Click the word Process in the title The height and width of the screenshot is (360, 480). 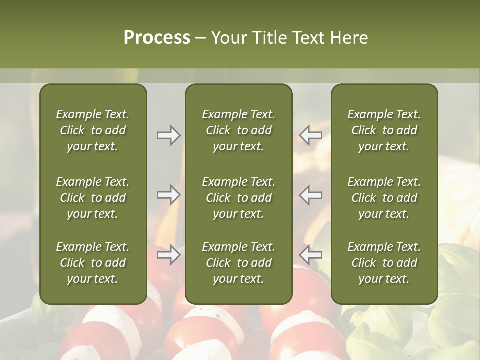coord(157,38)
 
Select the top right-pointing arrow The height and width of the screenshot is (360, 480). coord(168,135)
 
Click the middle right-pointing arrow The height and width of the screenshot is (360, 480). coord(168,195)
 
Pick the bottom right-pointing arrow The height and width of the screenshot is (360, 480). coord(168,255)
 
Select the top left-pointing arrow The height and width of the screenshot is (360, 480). coord(311,135)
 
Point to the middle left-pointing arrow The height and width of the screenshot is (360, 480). coord(311,195)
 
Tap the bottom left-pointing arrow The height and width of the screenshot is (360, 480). coord(311,255)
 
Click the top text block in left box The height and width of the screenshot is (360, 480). coord(93,130)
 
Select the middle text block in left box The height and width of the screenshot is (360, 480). coord(93,198)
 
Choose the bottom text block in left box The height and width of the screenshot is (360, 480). coord(93,263)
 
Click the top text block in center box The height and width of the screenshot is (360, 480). coord(239,130)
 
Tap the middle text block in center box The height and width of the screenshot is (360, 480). coord(239,198)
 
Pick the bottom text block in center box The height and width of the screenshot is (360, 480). coord(239,263)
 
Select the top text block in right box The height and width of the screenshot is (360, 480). coord(384,130)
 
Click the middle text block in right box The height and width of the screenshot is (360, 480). coord(384,198)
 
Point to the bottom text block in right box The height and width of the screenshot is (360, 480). coord(384,263)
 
